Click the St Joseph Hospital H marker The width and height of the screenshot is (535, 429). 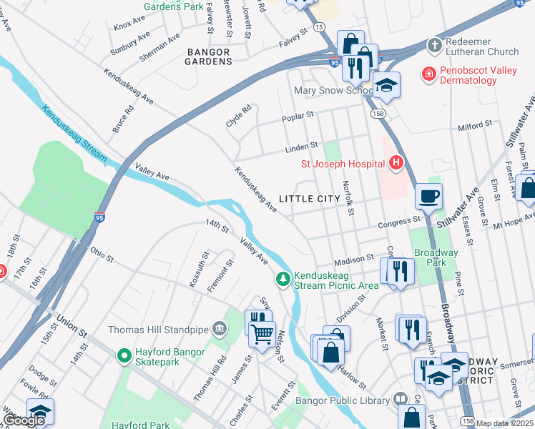pyautogui.click(x=396, y=164)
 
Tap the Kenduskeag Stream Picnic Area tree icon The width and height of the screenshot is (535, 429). pyautogui.click(x=284, y=278)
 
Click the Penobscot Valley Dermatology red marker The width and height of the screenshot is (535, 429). pyautogui.click(x=428, y=74)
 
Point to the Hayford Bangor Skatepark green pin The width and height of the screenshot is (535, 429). pyautogui.click(x=124, y=354)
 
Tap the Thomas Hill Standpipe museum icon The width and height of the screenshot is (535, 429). pyautogui.click(x=220, y=330)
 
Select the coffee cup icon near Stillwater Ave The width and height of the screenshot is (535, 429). pyautogui.click(x=428, y=196)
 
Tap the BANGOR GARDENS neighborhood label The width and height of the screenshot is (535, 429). pyautogui.click(x=210, y=56)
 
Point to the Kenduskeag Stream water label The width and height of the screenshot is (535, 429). pyautogui.click(x=74, y=134)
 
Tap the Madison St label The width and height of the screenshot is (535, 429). pyautogui.click(x=354, y=257)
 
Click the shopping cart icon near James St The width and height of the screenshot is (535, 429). pyautogui.click(x=262, y=331)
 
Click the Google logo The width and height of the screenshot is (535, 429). pyautogui.click(x=24, y=420)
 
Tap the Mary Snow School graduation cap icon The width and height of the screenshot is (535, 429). pyautogui.click(x=386, y=86)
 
